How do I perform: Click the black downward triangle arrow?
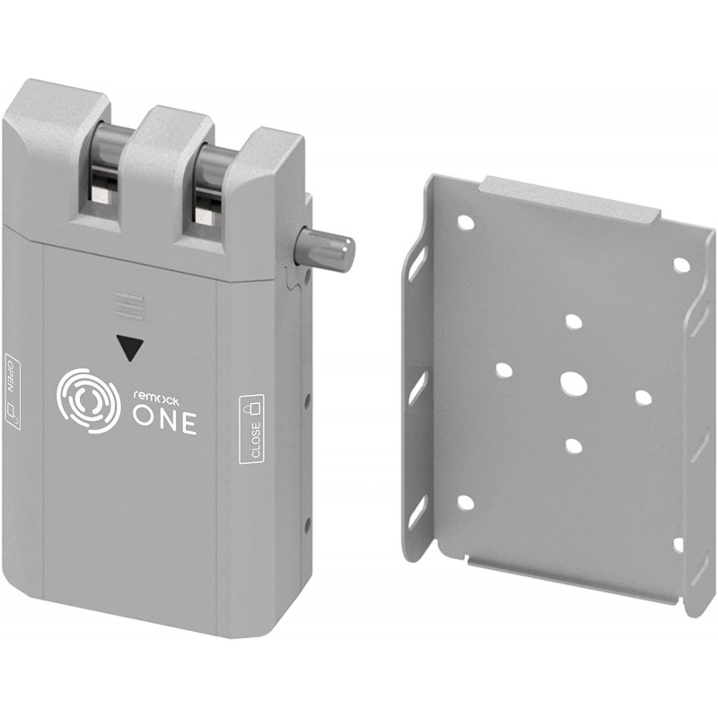coord(130,347)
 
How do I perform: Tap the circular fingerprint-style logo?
coord(88,400)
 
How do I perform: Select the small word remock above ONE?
coord(156,398)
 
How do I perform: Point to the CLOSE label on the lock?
coord(252,428)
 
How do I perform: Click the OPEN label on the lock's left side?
coord(12,391)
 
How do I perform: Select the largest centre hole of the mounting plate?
coord(574,383)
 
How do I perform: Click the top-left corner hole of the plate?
coord(466,223)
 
